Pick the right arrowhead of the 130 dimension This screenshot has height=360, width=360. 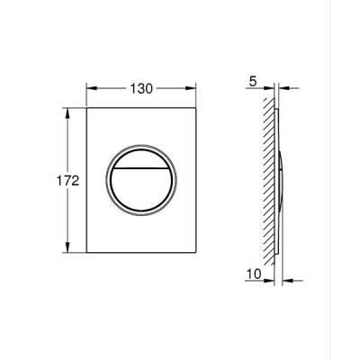click(193, 88)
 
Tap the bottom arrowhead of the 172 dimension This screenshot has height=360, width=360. click(68, 247)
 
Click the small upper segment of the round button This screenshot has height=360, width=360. click(142, 157)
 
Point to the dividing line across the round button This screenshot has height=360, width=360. click(142, 167)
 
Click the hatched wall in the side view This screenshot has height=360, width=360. click(266, 180)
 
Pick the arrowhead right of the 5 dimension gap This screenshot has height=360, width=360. click(282, 88)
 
